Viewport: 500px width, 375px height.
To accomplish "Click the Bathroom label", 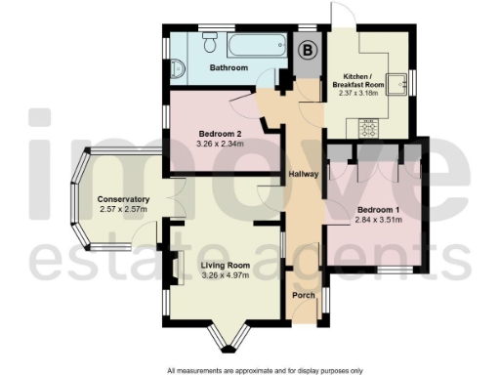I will (x=229, y=67).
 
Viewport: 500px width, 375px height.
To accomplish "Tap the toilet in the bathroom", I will (x=176, y=68).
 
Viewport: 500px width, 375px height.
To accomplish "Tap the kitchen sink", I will (x=400, y=84).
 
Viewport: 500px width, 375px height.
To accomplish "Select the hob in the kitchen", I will (x=370, y=126).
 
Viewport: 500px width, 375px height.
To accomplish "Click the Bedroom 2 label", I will (x=221, y=133).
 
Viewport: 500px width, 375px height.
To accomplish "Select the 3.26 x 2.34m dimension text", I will (x=221, y=144).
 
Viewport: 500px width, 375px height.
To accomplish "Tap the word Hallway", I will (x=304, y=175).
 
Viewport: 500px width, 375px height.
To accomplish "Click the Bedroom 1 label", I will (x=376, y=210).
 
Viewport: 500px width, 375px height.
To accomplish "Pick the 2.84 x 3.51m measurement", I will (x=376, y=222).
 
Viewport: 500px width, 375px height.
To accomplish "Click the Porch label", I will (x=304, y=294).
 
